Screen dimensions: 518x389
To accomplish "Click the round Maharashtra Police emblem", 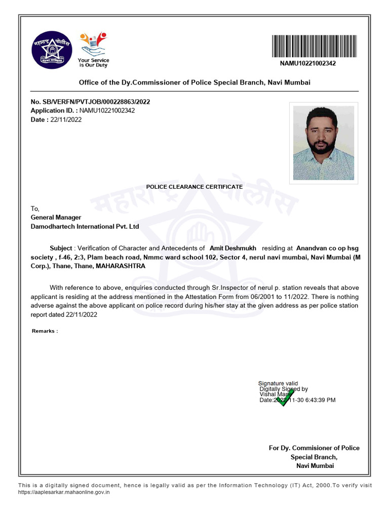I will point(51,50).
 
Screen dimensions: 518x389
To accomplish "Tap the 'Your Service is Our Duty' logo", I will point(93,50).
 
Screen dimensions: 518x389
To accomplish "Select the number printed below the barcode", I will point(308,64).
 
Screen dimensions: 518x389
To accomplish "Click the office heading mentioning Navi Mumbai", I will point(194,82).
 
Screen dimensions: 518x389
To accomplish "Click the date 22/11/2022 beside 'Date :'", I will point(66,119).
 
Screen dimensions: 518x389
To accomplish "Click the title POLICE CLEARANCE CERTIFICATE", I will point(194,187).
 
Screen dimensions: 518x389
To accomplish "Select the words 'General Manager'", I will point(56,218).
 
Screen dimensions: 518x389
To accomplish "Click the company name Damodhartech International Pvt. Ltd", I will point(85,227).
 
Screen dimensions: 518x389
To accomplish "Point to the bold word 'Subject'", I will point(61,248).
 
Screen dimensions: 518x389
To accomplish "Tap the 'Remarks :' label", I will point(45,331).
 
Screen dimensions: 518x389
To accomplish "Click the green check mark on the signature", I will point(285,399).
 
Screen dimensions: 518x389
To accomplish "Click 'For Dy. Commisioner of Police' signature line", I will point(314,448).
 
